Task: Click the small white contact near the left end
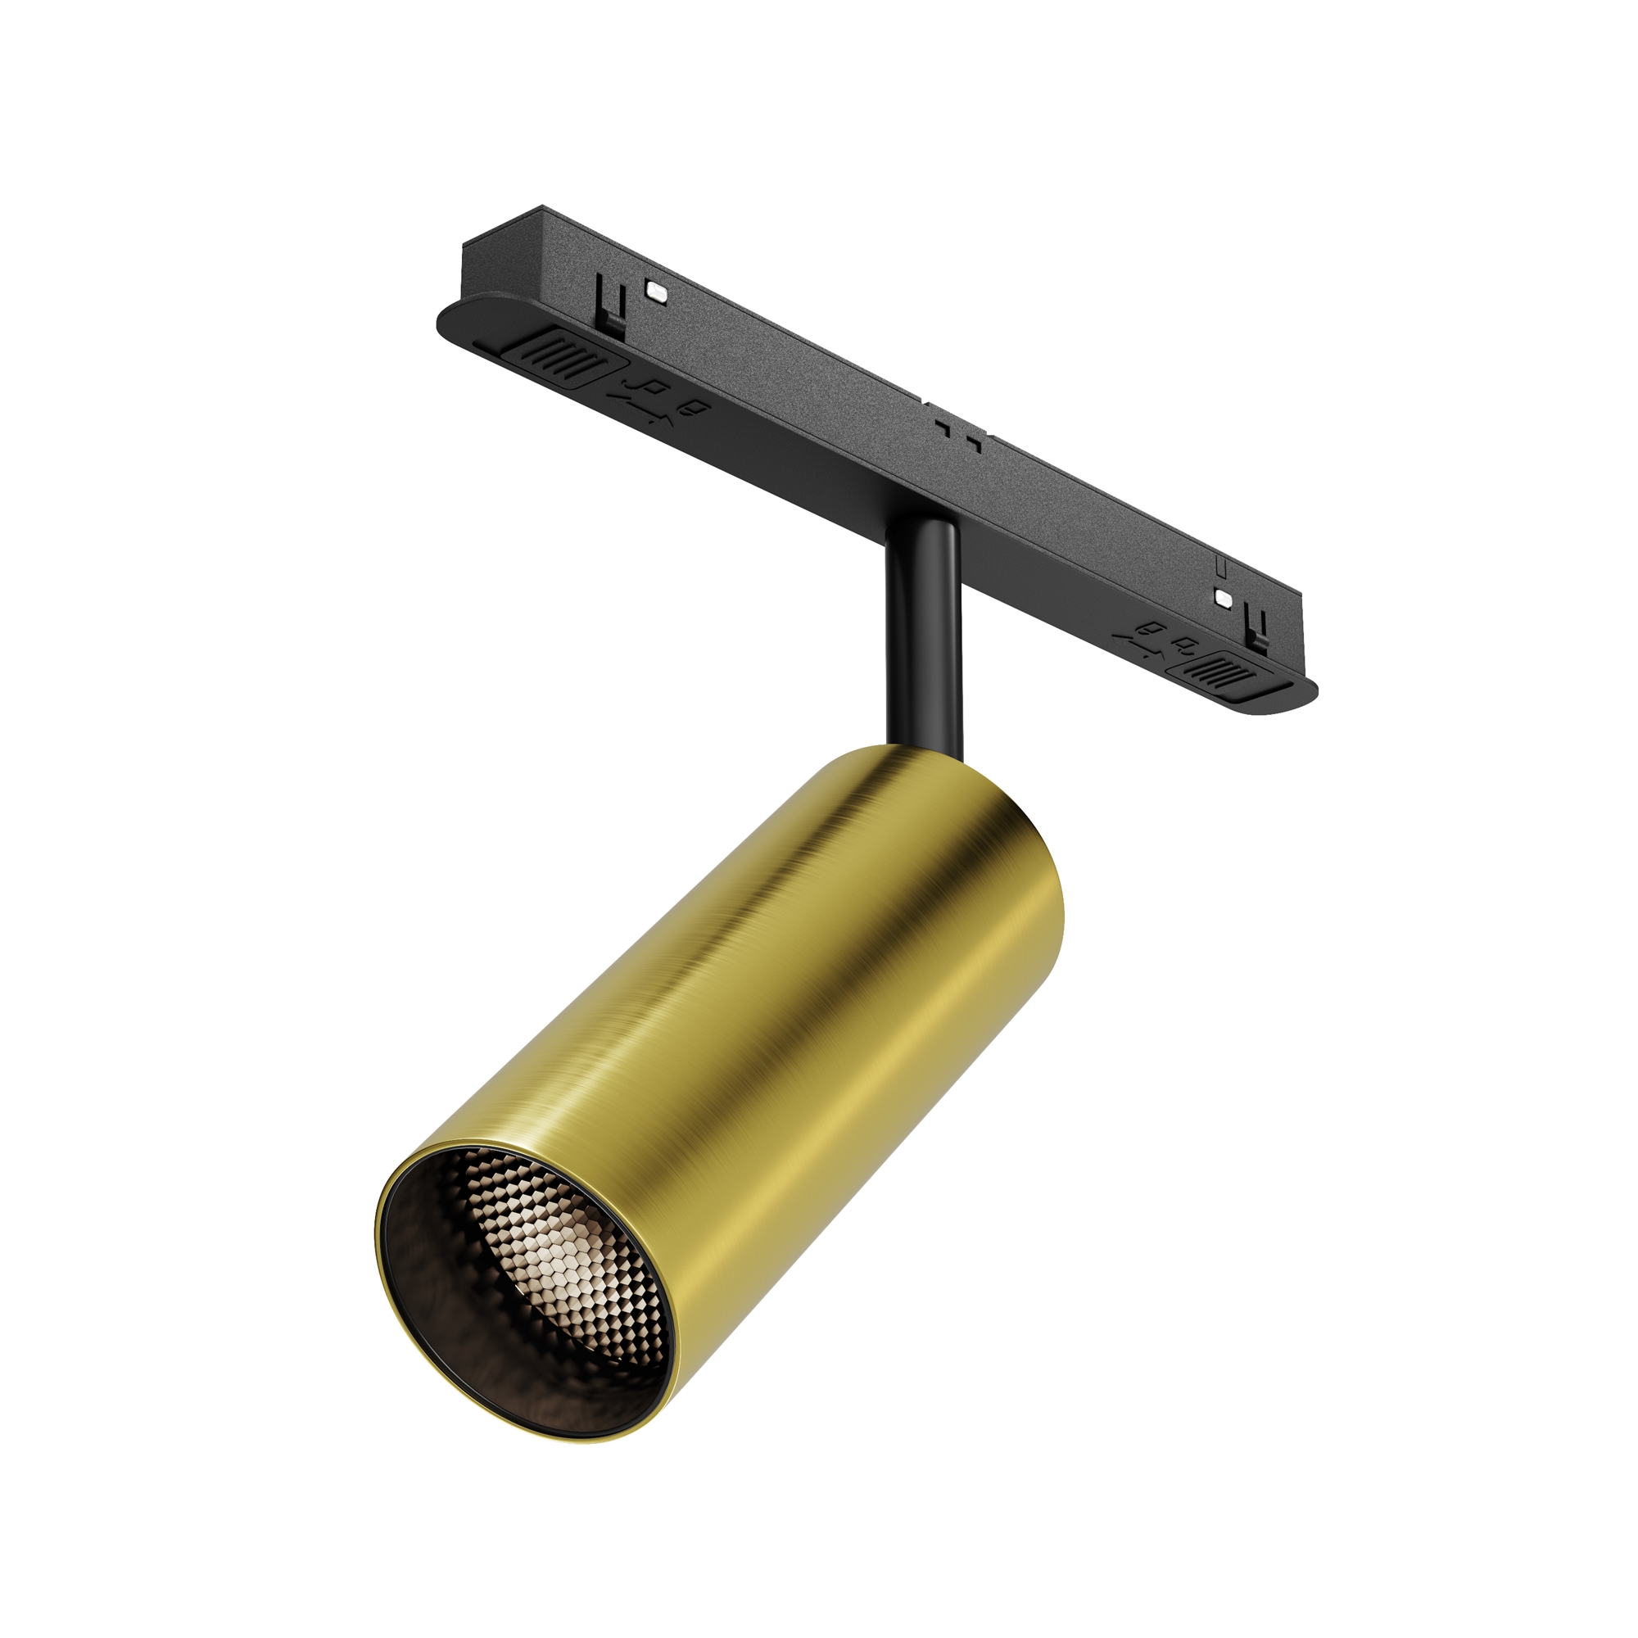click(x=655, y=289)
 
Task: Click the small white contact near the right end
click(x=1222, y=597)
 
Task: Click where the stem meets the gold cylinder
click(x=923, y=750)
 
